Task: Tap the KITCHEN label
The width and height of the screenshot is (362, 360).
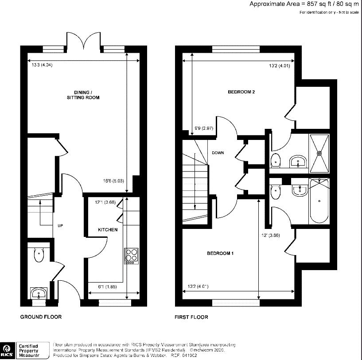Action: pyautogui.click(x=108, y=230)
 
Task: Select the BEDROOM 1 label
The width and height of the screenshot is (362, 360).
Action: pyautogui.click(x=220, y=253)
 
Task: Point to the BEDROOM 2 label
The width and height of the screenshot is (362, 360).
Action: pyautogui.click(x=241, y=92)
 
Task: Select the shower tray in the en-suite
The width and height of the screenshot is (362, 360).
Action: pyautogui.click(x=319, y=153)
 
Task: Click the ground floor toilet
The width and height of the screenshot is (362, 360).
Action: pyautogui.click(x=39, y=255)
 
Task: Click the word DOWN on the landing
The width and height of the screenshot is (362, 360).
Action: pyautogui.click(x=218, y=153)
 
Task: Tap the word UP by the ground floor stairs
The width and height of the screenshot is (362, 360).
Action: pyautogui.click(x=60, y=225)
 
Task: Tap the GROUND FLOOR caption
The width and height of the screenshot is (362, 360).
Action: pyautogui.click(x=41, y=317)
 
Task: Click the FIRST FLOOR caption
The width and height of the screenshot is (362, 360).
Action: pyautogui.click(x=191, y=317)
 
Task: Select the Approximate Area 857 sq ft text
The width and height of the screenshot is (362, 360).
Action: pyautogui.click(x=304, y=4)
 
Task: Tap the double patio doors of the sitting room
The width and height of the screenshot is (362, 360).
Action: pyautogui.click(x=84, y=43)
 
